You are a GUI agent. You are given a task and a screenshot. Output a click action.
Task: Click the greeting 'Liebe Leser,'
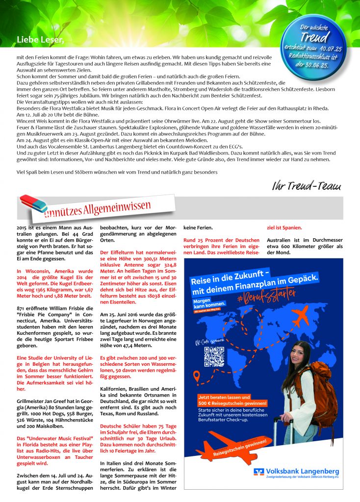pos(40,39)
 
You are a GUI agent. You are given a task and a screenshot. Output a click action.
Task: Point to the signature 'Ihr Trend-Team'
pos(307,186)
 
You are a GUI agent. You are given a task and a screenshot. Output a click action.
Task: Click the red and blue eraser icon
pos(33,202)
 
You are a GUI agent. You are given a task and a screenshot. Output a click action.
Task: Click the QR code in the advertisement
pos(214,356)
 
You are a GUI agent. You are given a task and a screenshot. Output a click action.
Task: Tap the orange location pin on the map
pos(196,376)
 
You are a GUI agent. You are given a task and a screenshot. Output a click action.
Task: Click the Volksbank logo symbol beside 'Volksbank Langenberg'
pos(259,472)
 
